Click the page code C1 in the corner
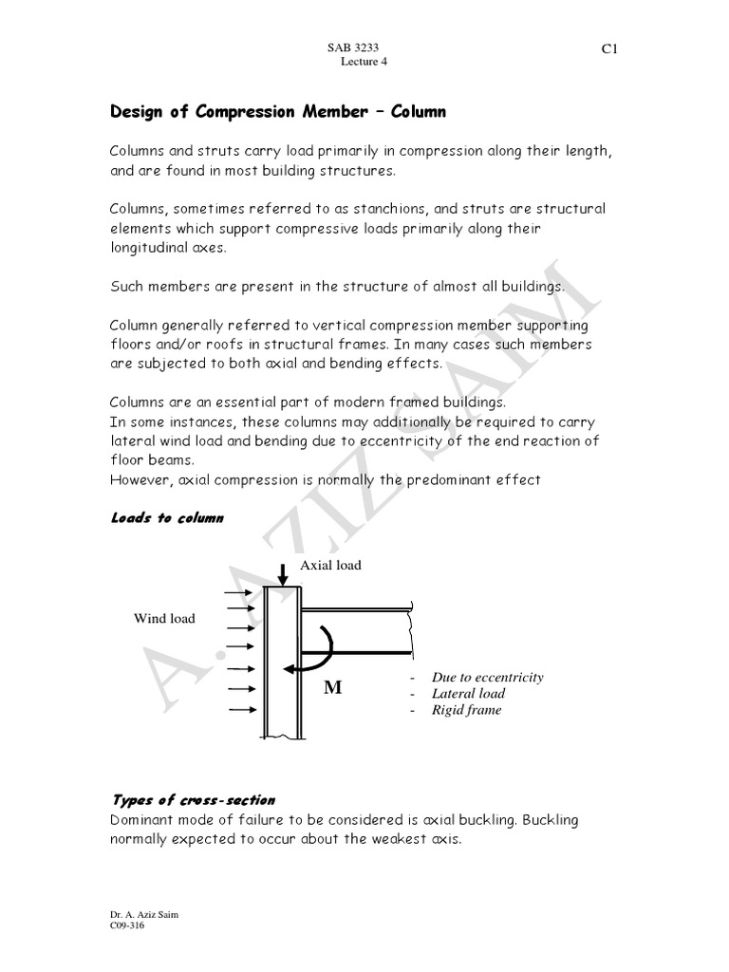coord(609,50)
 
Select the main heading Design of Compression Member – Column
coord(278,112)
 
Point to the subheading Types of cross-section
coord(193,800)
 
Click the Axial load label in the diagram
coord(330,565)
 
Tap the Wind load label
coord(164,618)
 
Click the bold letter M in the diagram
coord(332,688)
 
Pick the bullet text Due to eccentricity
coord(487,677)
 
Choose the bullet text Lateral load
coord(468,693)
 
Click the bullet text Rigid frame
coord(466,709)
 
